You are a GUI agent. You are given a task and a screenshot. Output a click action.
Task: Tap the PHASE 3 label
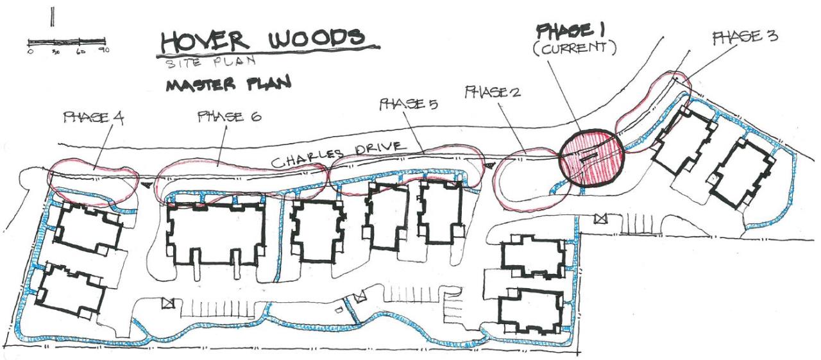coord(745,37)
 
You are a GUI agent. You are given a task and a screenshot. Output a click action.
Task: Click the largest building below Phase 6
coord(216,234)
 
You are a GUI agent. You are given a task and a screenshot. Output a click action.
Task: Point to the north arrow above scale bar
coord(52,15)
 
